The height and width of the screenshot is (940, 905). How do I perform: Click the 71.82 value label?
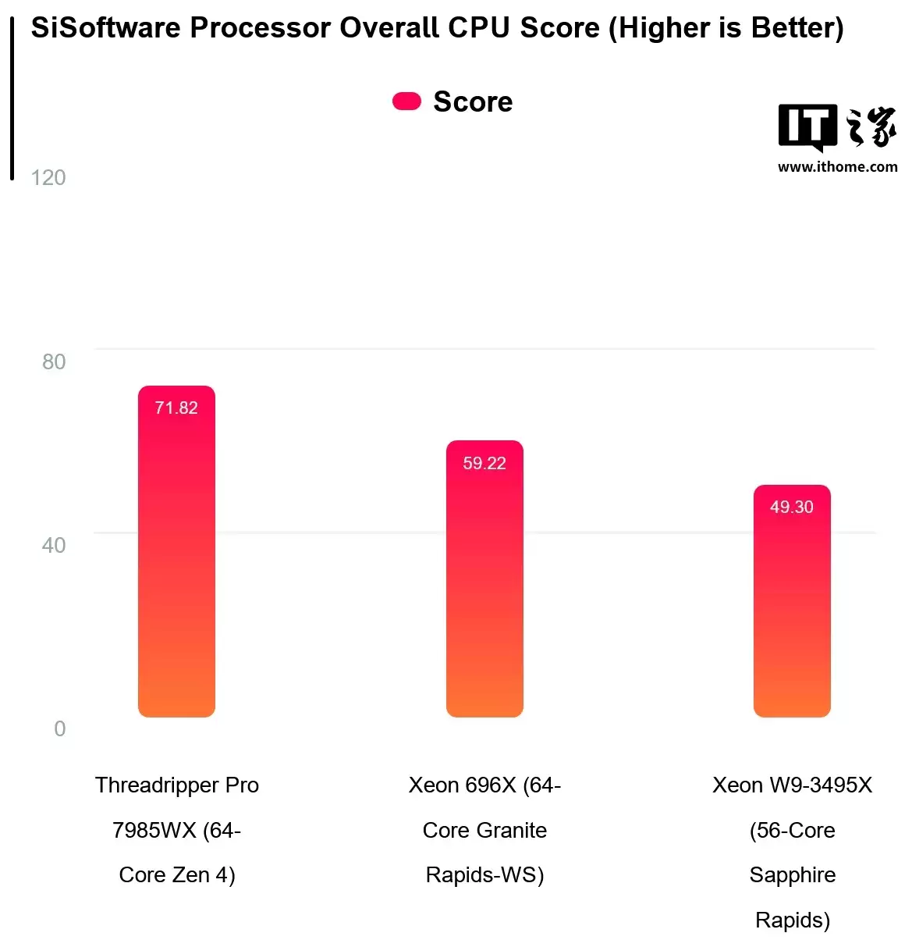[176, 408]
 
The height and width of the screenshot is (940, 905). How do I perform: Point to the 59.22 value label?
[484, 463]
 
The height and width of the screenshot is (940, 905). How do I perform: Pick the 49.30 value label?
[792, 507]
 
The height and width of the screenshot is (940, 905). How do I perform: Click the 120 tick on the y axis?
[48, 178]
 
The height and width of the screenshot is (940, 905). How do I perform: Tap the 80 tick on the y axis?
[54, 361]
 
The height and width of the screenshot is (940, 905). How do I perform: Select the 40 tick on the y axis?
[54, 545]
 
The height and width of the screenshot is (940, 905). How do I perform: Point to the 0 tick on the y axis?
[60, 728]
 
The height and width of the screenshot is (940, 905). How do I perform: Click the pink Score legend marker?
[406, 101]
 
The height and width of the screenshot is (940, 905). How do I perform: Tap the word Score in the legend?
[473, 101]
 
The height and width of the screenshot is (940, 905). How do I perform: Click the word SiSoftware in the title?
[105, 28]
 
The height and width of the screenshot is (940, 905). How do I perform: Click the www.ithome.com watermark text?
[837, 166]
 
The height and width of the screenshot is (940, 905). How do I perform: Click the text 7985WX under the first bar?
[154, 830]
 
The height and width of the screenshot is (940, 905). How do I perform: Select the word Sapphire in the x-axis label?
[792, 874]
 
